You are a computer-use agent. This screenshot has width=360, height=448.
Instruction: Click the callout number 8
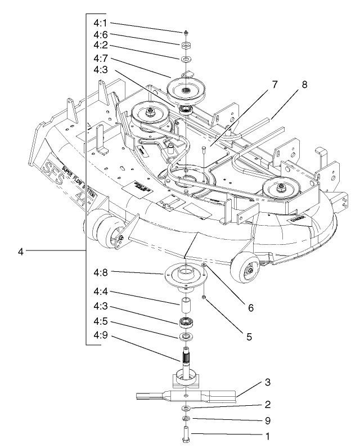pyautogui.click(x=304, y=86)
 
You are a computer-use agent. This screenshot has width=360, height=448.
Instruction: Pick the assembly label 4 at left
pyautogui.click(x=21, y=251)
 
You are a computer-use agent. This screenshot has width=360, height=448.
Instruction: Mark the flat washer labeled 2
pyautogui.click(x=186, y=407)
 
